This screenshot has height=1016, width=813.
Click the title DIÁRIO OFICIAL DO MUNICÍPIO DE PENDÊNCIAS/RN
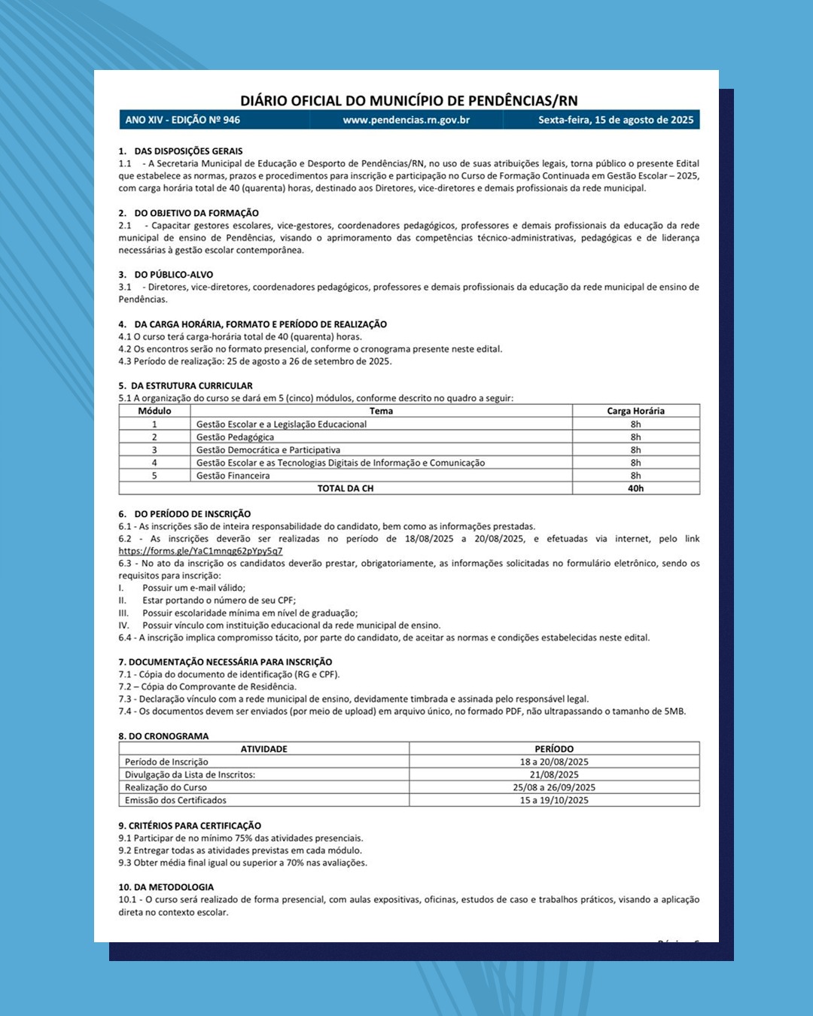click(409, 101)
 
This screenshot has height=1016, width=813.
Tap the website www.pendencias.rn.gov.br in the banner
click(406, 120)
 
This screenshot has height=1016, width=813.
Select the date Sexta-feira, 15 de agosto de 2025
click(616, 120)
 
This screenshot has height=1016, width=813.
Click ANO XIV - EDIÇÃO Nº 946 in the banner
click(183, 120)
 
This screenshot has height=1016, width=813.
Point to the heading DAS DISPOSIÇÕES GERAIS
click(188, 151)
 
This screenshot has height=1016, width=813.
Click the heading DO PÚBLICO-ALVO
click(174, 275)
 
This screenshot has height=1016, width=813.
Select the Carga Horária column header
click(635, 411)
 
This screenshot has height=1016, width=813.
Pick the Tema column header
click(381, 411)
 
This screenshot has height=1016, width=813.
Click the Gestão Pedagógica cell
click(236, 437)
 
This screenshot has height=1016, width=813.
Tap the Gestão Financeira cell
click(233, 476)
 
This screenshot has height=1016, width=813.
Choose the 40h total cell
click(635, 488)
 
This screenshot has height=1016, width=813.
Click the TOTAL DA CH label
click(345, 488)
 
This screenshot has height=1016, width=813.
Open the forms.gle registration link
click(200, 551)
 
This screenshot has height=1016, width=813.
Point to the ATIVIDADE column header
click(263, 749)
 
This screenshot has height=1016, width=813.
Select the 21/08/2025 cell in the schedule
click(554, 774)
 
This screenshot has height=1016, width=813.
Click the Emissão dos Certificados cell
click(175, 800)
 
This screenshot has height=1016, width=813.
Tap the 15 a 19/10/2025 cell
click(554, 800)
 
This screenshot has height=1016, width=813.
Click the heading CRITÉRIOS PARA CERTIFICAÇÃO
click(195, 826)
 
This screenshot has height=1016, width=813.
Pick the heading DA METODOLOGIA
click(171, 887)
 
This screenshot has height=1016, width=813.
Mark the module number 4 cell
click(154, 463)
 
